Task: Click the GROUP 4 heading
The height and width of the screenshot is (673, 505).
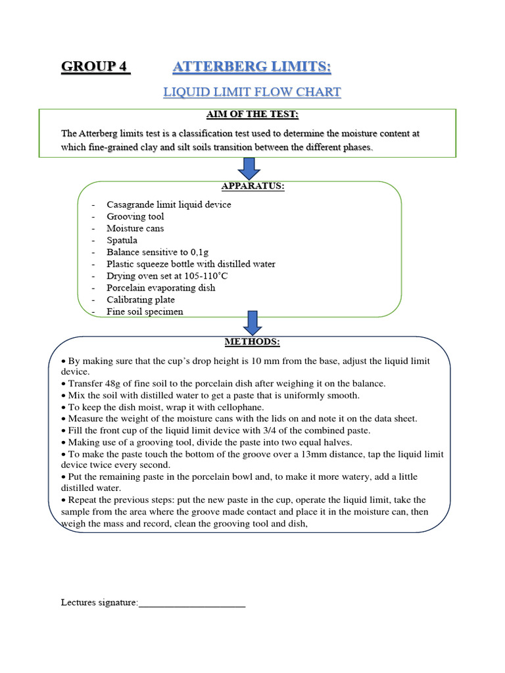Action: tap(95, 67)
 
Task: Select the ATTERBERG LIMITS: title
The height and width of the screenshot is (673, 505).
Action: tap(252, 67)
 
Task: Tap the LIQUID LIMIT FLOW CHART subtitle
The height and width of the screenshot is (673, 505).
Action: tap(252, 92)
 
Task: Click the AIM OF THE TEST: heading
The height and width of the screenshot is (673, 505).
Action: tap(252, 115)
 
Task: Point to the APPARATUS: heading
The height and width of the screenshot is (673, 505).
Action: tap(252, 187)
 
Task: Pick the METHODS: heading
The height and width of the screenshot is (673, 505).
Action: tap(252, 342)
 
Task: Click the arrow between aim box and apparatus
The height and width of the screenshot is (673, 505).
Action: tap(249, 168)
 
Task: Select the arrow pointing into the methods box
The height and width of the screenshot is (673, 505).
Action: tap(252, 322)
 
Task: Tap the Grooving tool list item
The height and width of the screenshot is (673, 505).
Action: tap(135, 216)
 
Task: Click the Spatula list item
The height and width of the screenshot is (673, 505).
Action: tap(122, 240)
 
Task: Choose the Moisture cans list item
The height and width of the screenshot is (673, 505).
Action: tap(135, 228)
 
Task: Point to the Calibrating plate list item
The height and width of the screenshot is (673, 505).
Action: tap(141, 300)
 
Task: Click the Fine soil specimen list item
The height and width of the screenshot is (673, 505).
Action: tap(145, 312)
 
